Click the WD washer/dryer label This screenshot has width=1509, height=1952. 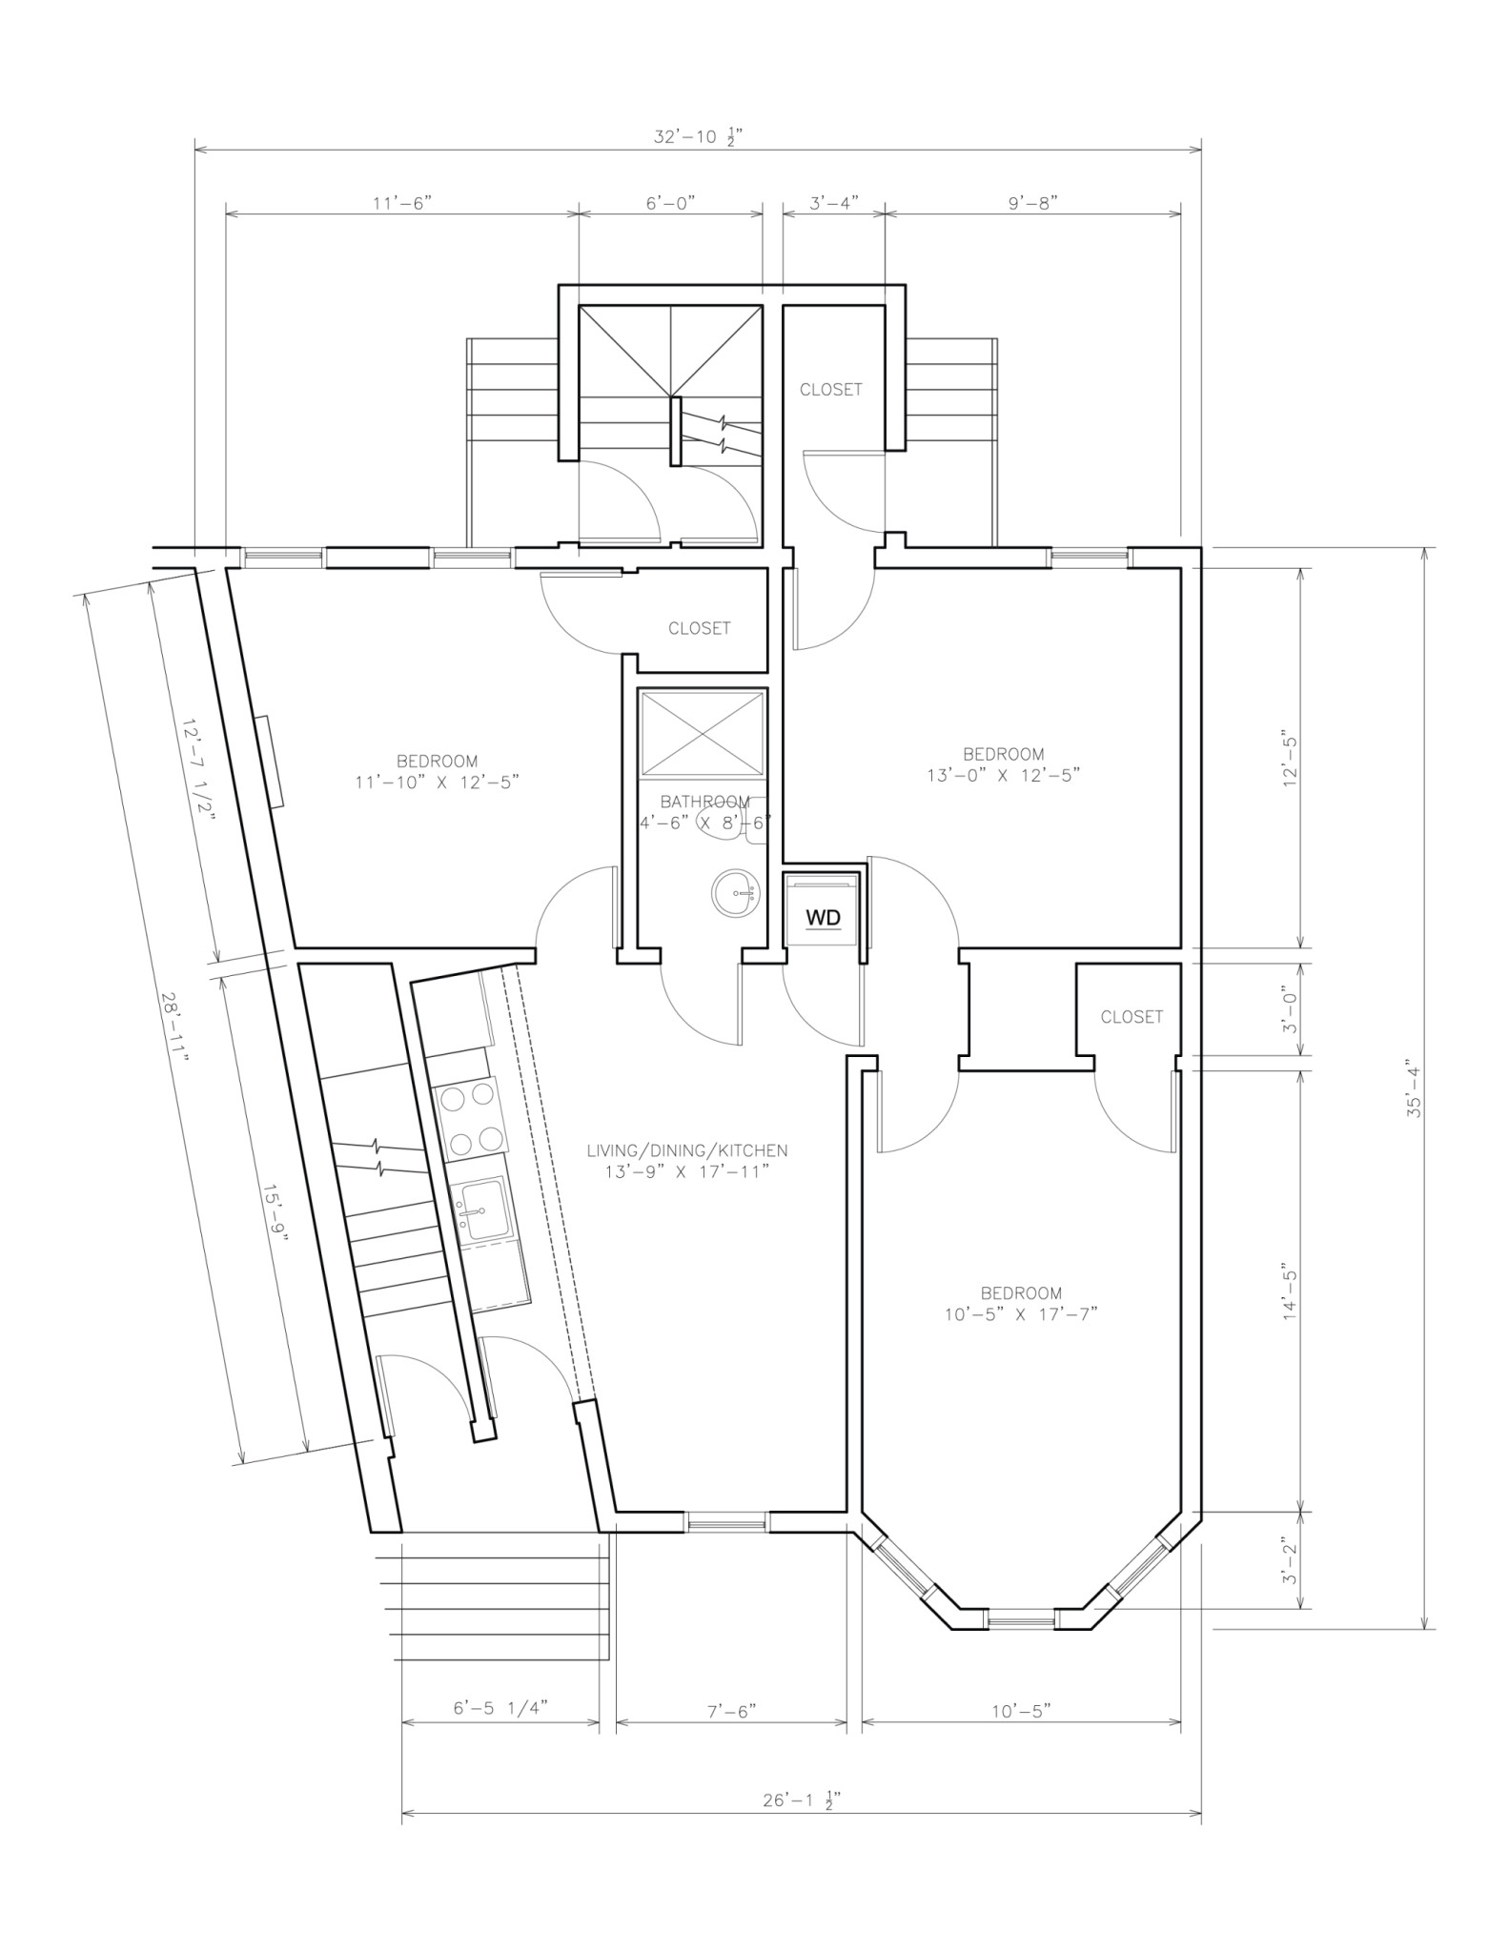tap(824, 917)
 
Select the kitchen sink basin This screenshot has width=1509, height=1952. tap(482, 1211)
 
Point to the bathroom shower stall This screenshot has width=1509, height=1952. tap(703, 733)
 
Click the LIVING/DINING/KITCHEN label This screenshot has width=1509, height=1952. tap(687, 1150)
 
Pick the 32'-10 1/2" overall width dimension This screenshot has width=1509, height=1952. tap(698, 137)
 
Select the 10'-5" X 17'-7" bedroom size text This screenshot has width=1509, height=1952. tap(1021, 1313)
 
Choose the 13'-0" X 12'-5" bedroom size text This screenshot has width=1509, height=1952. tap(1003, 775)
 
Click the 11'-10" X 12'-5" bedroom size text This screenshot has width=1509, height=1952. tap(437, 782)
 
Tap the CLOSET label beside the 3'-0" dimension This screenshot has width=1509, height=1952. tap(1132, 1017)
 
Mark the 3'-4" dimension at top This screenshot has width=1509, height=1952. tap(834, 203)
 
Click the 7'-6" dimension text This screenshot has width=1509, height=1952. tap(731, 1711)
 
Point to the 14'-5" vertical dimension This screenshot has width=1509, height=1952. tap(1291, 1295)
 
